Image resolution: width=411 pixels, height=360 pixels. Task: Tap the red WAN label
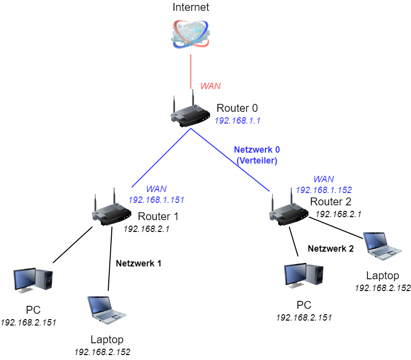tap(210, 86)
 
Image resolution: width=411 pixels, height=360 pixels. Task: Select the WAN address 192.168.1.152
tap(323, 190)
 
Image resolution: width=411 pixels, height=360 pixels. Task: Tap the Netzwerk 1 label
tap(138, 263)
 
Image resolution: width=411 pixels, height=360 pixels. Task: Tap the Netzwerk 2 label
tap(330, 249)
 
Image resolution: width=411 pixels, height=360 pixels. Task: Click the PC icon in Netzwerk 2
tap(304, 276)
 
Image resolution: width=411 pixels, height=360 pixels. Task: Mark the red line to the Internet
tap(190, 71)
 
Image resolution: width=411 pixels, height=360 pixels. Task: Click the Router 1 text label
tap(158, 216)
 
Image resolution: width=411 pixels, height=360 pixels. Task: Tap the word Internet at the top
tap(190, 7)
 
